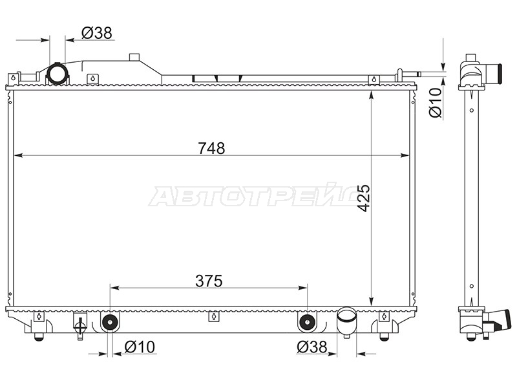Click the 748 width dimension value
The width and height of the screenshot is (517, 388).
click(x=211, y=148)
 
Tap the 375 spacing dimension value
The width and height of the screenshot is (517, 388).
click(x=209, y=281)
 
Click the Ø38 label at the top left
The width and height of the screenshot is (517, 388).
click(x=97, y=33)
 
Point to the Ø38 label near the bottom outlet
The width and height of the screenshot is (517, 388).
click(x=312, y=347)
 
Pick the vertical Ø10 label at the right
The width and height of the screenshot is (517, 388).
click(x=435, y=102)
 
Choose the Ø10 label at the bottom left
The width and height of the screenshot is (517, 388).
click(x=140, y=347)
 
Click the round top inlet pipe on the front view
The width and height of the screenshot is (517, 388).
click(x=58, y=74)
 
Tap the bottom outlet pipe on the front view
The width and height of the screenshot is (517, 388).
click(x=346, y=321)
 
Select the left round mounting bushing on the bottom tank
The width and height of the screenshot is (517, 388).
click(x=109, y=322)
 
